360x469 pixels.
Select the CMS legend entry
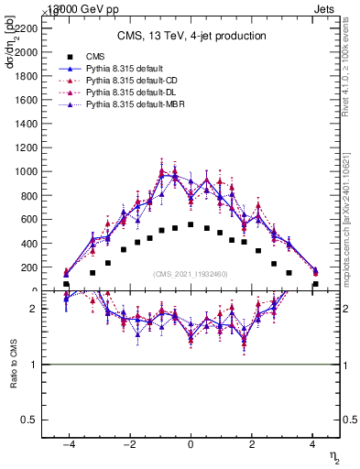91,57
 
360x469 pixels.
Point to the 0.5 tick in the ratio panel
29,420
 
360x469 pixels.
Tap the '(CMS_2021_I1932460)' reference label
191,274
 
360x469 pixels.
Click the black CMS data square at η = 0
191,224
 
